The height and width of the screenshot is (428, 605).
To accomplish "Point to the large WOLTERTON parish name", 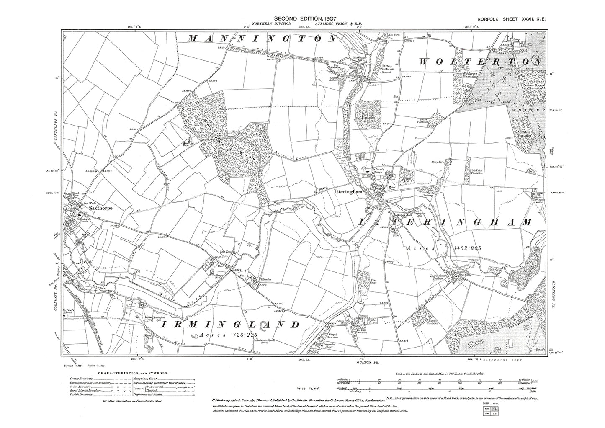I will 480,61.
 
